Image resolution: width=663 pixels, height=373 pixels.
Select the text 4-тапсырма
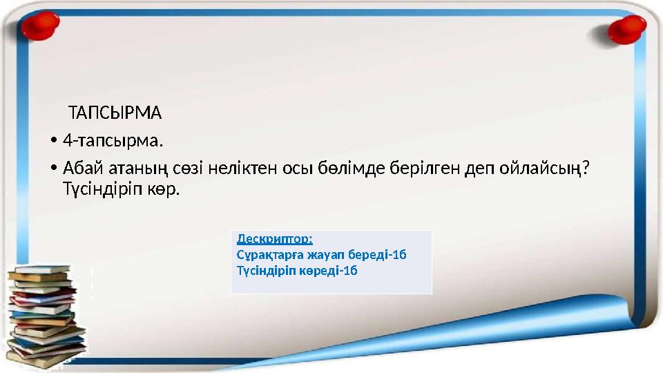(x=113, y=142)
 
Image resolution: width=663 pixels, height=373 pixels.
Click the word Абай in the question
(x=81, y=169)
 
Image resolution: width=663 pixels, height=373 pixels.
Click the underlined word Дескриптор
(x=274, y=239)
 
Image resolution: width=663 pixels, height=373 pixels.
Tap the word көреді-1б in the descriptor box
(x=334, y=270)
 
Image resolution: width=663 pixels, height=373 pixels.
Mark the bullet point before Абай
(x=53, y=170)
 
